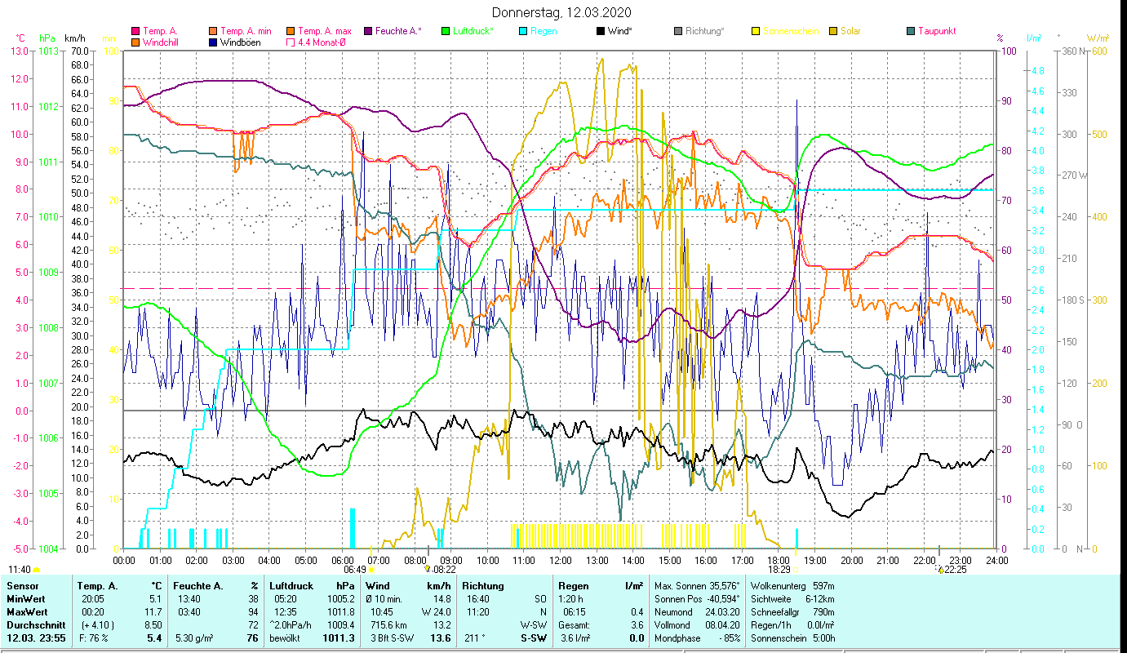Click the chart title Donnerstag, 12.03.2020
(x=562, y=13)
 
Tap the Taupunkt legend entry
(x=936, y=31)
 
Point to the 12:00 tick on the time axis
(x=561, y=561)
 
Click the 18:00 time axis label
(x=779, y=561)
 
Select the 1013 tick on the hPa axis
(x=48, y=51)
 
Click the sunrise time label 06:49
(x=354, y=570)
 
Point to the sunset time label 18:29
(x=779, y=570)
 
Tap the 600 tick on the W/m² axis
(x=1098, y=51)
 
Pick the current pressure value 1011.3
(x=342, y=637)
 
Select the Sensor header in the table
(x=22, y=585)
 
